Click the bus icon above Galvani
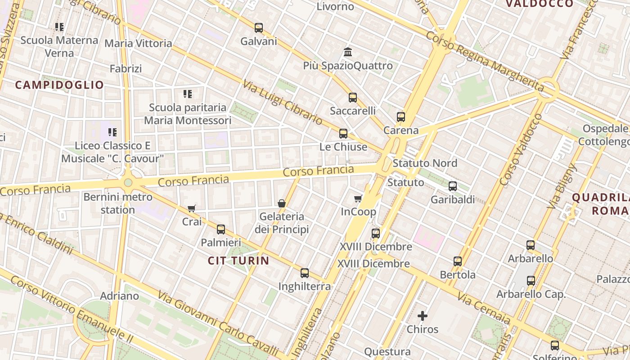pos(259,28)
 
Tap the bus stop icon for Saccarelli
pos(353,98)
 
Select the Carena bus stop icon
pos(401,117)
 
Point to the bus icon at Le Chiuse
pos(343,134)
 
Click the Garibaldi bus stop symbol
pos(453,186)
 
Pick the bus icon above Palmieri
pos(221,229)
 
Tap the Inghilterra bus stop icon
pos(305,273)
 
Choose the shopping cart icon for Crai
pos(192,208)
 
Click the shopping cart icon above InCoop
pos(358,198)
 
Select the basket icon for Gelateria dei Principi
pos(282,204)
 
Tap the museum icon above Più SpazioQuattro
pos(348,52)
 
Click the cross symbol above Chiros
pos(423,316)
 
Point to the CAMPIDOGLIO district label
pos(59,85)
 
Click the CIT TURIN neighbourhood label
pos(238,261)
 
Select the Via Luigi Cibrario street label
pos(282,103)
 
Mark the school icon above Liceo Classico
pos(112,132)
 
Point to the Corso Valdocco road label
pos(521,150)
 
